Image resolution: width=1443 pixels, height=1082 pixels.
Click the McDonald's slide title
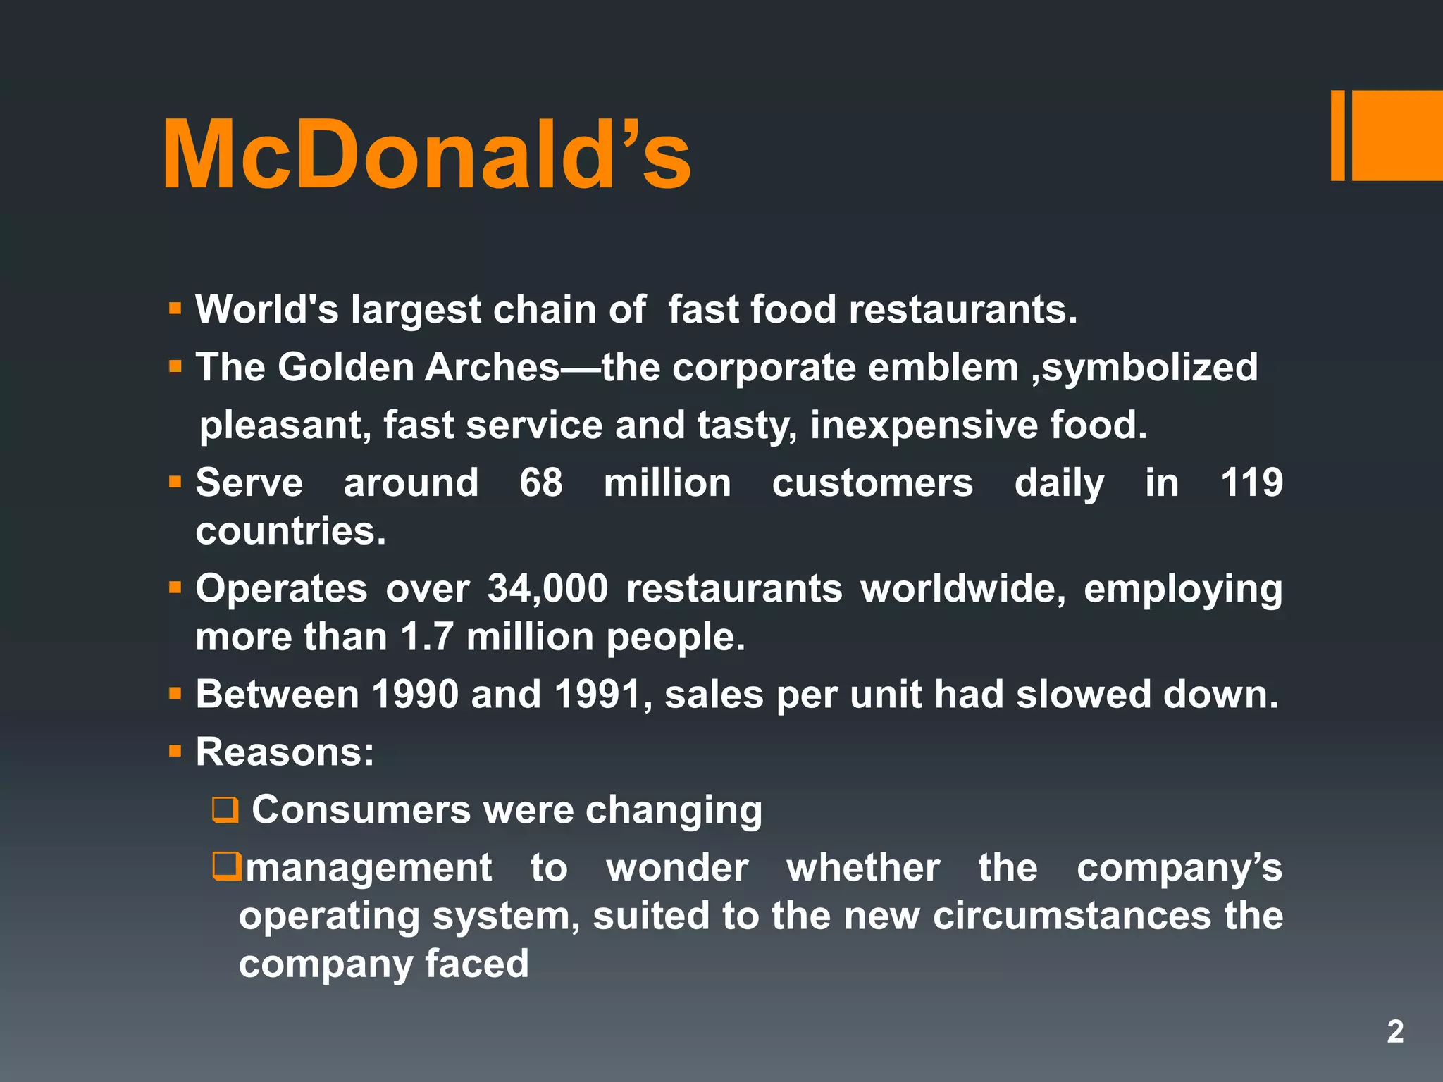(426, 156)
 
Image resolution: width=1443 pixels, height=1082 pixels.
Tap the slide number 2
(1395, 1031)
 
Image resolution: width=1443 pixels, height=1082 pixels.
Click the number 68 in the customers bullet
(541, 483)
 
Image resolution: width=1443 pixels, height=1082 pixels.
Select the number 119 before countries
(1251, 483)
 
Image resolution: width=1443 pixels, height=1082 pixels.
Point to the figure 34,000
(547, 588)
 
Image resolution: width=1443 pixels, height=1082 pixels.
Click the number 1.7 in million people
(426, 637)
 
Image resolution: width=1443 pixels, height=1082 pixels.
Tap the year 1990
(415, 695)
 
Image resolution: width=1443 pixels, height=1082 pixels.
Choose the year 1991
(598, 695)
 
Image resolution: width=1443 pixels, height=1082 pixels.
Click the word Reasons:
(285, 752)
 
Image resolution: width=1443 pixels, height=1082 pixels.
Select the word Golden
(346, 368)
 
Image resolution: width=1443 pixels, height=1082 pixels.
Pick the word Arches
(493, 368)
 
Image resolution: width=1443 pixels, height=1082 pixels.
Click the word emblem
(943, 368)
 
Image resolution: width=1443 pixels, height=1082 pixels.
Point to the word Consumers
(361, 809)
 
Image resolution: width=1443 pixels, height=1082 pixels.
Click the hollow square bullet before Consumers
(225, 810)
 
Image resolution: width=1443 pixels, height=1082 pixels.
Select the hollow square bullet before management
(227, 866)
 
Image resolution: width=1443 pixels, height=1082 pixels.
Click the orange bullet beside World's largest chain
(175, 309)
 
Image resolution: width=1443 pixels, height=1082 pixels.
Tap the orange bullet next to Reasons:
(175, 752)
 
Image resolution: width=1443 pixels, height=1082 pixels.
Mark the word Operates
(281, 588)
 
